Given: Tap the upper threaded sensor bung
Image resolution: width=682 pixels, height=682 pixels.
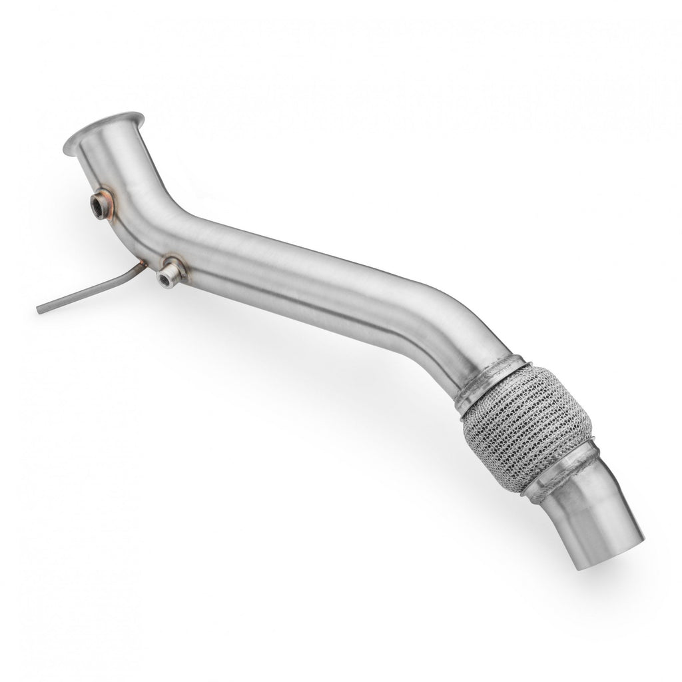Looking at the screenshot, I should point(101,203).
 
